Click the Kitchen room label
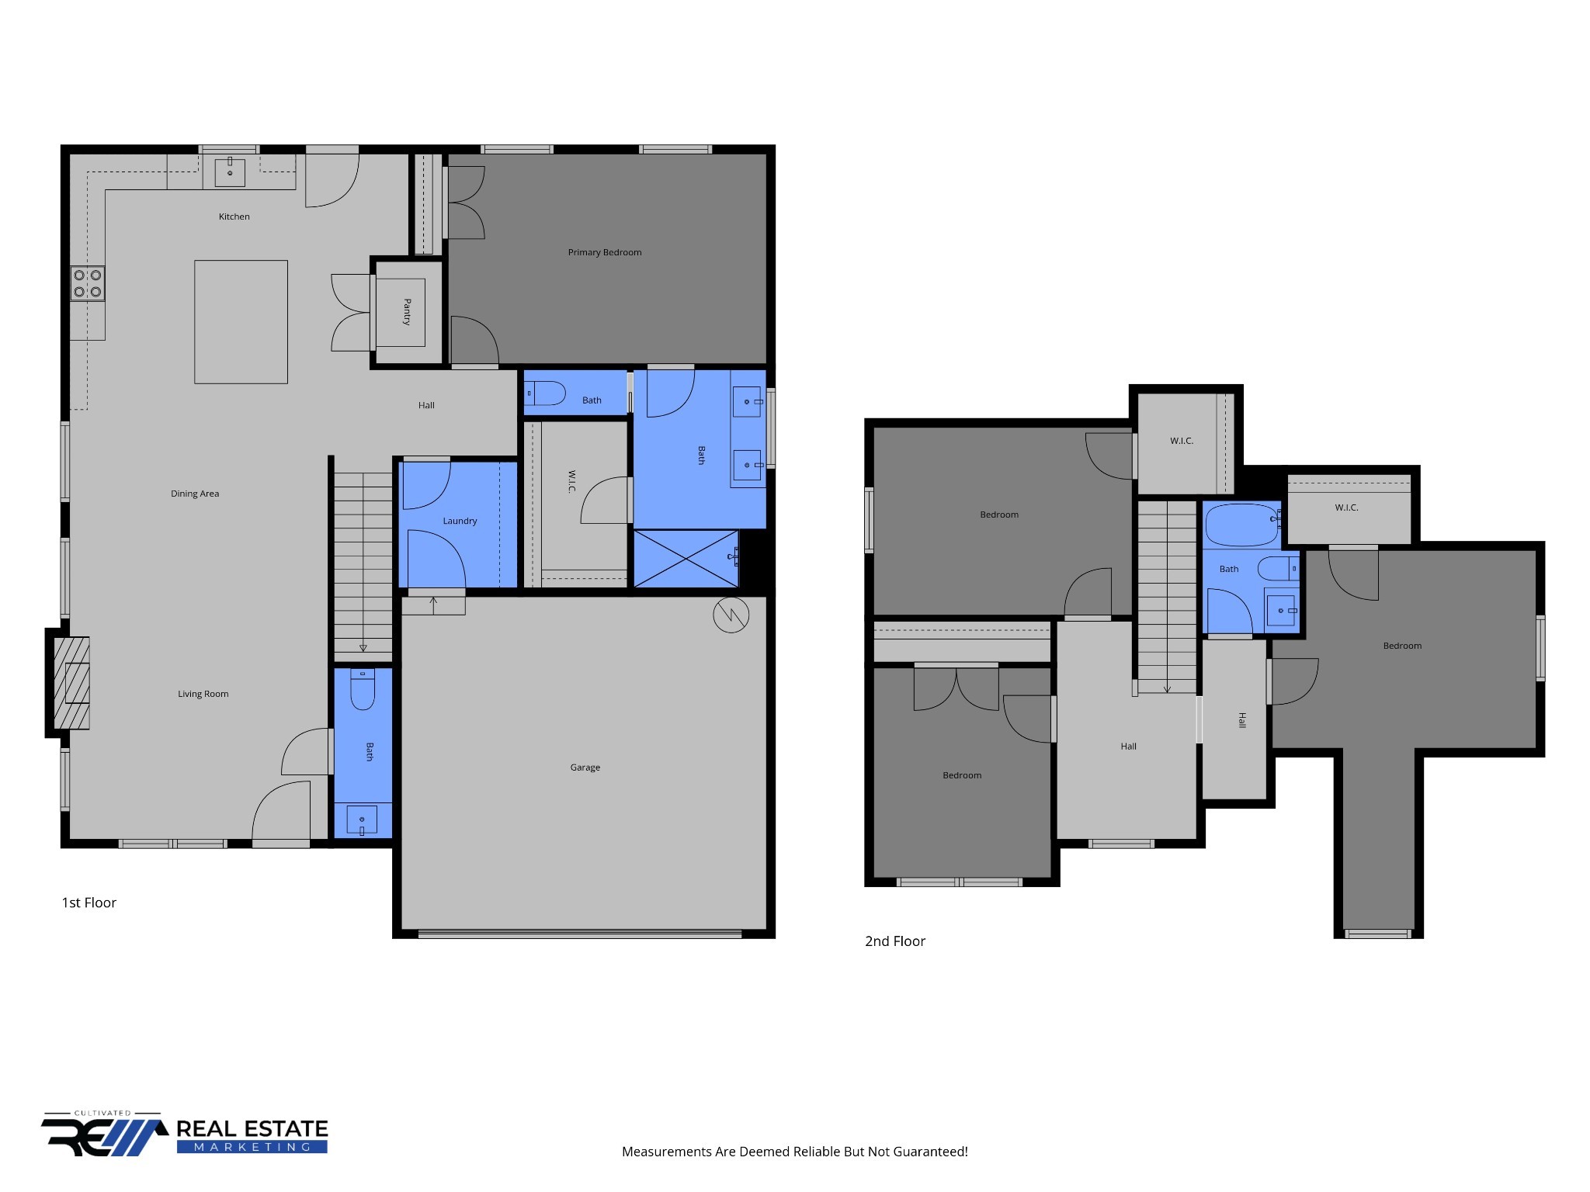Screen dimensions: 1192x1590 point(234,217)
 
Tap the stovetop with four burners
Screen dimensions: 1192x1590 point(88,283)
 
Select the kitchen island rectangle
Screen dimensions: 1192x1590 point(241,321)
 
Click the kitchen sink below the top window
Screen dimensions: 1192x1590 point(230,172)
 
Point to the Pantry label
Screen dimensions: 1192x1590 point(407,312)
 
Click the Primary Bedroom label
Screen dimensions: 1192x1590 point(604,252)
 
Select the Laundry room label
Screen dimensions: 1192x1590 point(460,521)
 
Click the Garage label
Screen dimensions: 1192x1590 point(585,768)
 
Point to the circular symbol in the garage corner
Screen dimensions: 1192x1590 point(731,615)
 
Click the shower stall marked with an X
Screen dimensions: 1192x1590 point(686,559)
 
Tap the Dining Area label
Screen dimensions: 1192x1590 point(195,494)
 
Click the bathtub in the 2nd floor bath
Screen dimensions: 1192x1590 point(1241,525)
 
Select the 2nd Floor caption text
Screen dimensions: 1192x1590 point(895,941)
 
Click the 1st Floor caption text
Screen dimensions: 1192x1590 point(89,903)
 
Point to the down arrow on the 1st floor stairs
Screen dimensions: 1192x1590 point(363,647)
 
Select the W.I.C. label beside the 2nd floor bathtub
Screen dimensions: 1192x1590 point(1346,508)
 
